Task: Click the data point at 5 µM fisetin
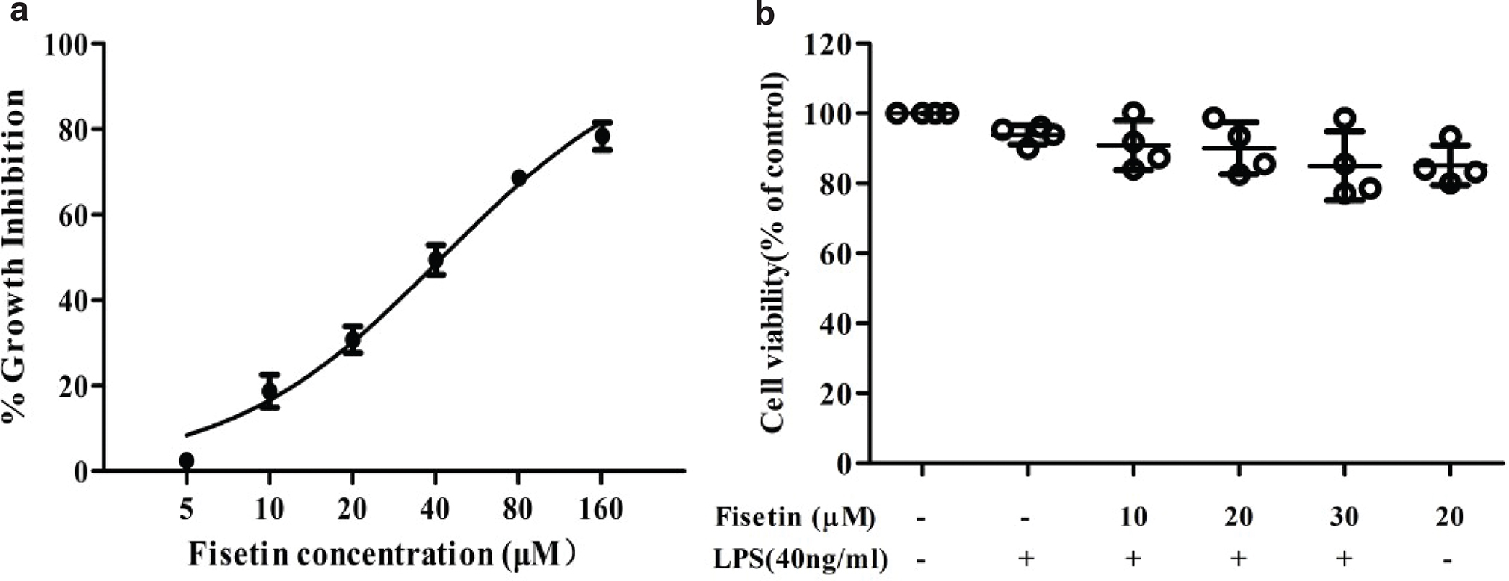[187, 460]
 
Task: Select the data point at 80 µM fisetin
[518, 178]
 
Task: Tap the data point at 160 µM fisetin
[601, 137]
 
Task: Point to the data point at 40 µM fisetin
[436, 260]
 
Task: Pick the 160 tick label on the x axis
[601, 509]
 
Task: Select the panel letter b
[765, 13]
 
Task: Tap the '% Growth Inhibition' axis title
[15, 256]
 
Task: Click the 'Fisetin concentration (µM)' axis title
[381, 555]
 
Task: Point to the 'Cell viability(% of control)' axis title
[775, 252]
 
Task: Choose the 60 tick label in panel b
[837, 253]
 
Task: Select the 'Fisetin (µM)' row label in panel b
[795, 517]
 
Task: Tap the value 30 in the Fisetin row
[1343, 517]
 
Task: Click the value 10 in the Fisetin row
[1132, 517]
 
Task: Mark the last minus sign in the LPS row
[1448, 559]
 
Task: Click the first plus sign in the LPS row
[1027, 558]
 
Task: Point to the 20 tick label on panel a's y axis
[77, 386]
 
